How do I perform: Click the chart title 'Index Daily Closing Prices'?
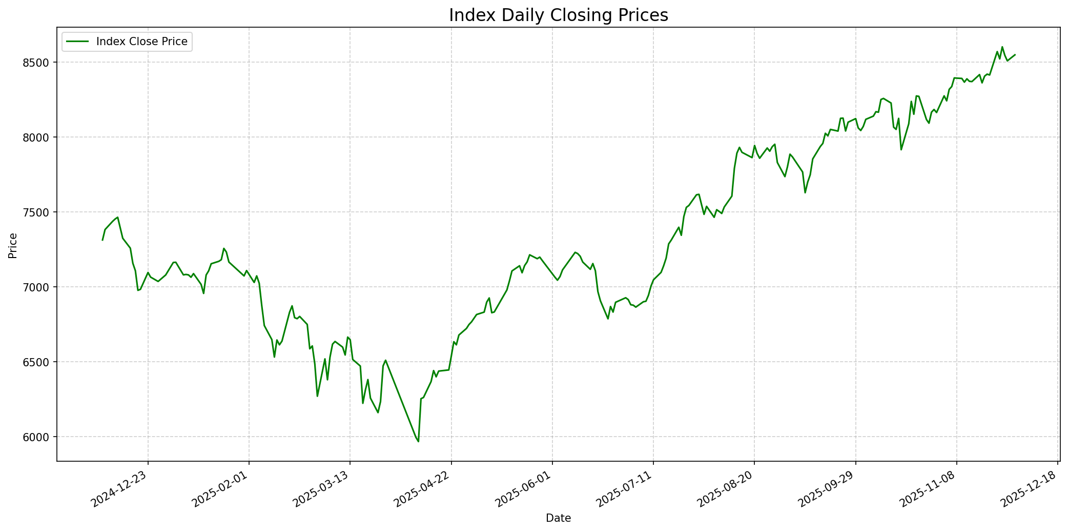[558, 15]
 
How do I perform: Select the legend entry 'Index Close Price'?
[141, 42]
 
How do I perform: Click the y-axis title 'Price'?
[13, 245]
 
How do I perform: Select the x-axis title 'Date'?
[558, 518]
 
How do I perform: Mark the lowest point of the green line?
[418, 441]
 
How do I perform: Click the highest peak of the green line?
[1002, 47]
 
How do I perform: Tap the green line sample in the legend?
[77, 42]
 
